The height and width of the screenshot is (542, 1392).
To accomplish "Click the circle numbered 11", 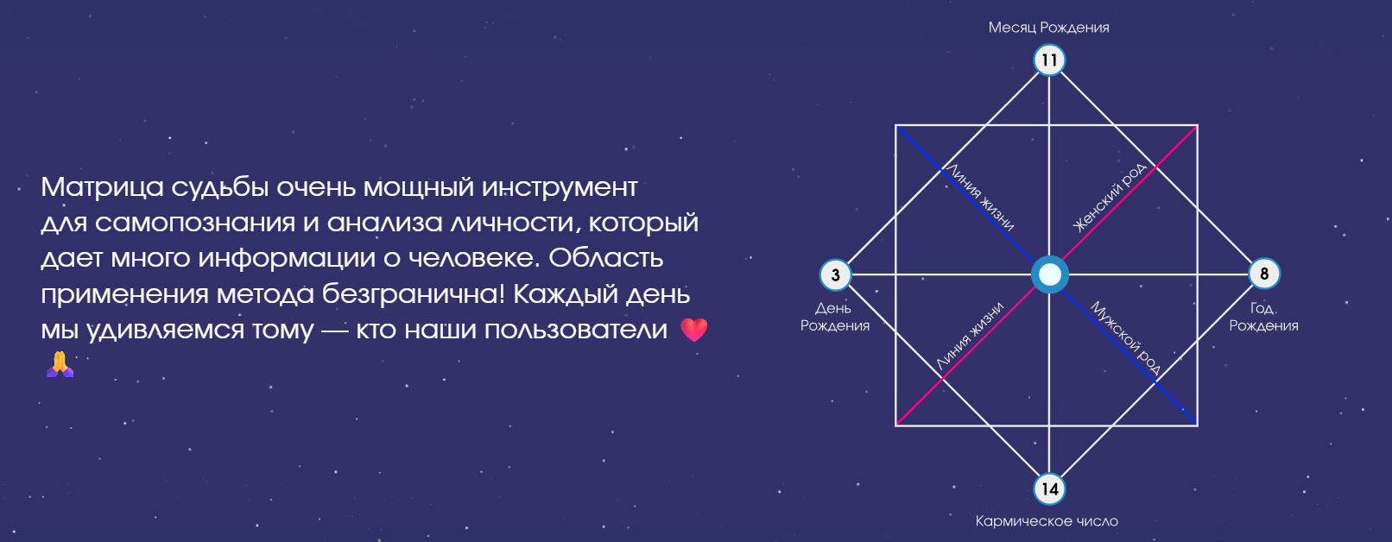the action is pos(1049,60).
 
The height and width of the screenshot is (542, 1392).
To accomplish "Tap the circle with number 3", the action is pos(835,275).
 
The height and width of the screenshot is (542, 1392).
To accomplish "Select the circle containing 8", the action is pos(1264,274).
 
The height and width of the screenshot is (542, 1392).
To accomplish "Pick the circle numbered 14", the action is pos(1049,489).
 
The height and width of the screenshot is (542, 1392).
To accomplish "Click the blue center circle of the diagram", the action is pos(1049,274).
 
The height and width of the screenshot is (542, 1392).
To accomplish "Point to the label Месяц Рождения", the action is pos(1048,28).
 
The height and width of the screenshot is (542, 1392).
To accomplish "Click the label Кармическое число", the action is pos(1047,521).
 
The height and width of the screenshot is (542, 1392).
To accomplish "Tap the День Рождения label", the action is pos(834,317).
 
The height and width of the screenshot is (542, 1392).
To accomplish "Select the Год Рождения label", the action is pos(1263,317).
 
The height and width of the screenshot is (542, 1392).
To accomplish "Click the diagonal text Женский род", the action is pos(1110,198).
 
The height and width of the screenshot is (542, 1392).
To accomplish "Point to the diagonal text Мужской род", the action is pos(1125,338).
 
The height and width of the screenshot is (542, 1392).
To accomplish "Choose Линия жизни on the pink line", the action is pos(970,336).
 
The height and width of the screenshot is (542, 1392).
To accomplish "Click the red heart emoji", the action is pos(694,330).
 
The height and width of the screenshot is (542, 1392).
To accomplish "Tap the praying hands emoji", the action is pos(60,364).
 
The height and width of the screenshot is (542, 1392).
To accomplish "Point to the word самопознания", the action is pos(195,224).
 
